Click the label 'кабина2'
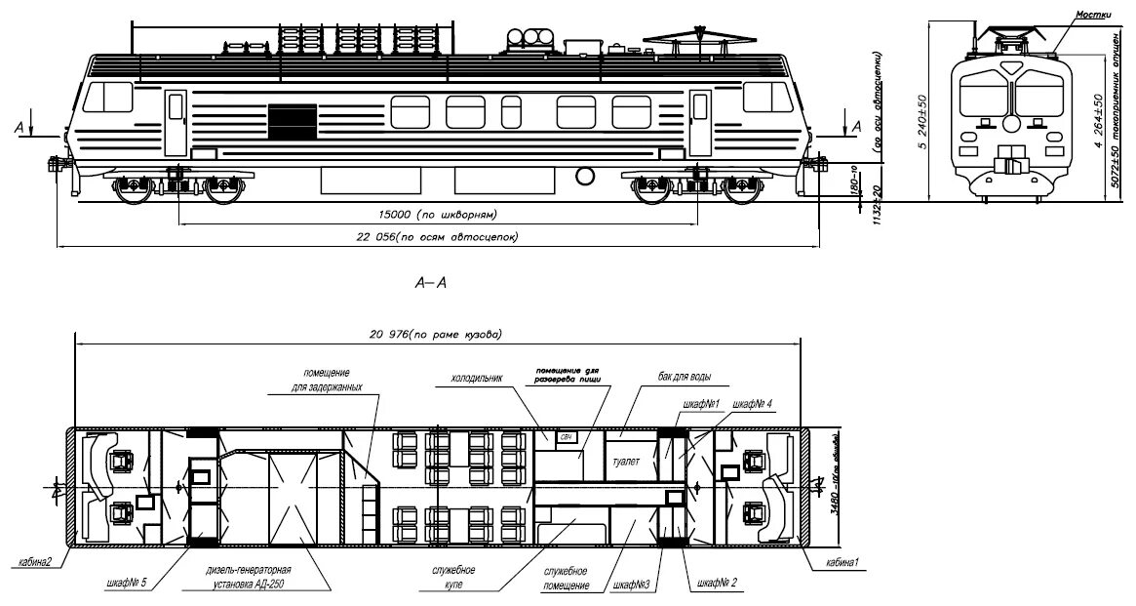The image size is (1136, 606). pyautogui.click(x=35, y=562)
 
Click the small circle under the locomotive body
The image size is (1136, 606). pyautogui.click(x=585, y=176)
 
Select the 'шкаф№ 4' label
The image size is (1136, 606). pyautogui.click(x=754, y=404)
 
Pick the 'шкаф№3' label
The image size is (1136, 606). pyautogui.click(x=633, y=586)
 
